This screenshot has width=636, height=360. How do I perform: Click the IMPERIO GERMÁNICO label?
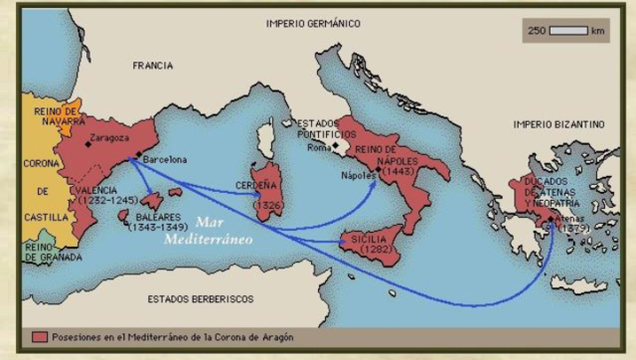(313, 23)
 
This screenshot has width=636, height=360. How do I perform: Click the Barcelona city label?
(164, 158)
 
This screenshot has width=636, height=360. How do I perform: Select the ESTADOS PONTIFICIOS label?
(328, 128)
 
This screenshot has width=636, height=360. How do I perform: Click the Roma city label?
(319, 147)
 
